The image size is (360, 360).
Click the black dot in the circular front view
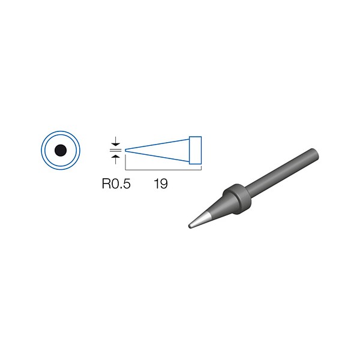coord(61,151)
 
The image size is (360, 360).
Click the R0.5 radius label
coord(116,184)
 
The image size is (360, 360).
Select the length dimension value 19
coord(161,184)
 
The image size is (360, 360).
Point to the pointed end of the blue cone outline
coord(125,151)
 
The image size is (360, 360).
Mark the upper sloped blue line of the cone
coord(157,145)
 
